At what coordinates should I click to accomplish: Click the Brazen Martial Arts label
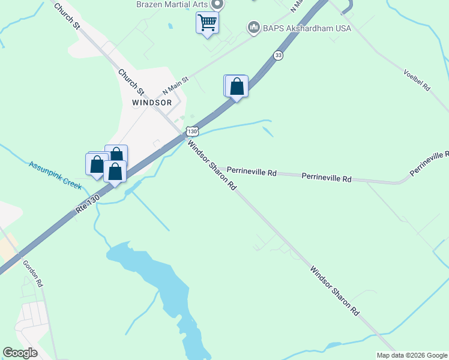(x=172, y=4)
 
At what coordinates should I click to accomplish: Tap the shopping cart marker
(x=207, y=23)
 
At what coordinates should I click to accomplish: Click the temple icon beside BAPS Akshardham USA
(x=253, y=28)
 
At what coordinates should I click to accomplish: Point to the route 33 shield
(x=277, y=55)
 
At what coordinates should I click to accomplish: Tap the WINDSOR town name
(x=152, y=103)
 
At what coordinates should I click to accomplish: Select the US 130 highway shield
(x=191, y=131)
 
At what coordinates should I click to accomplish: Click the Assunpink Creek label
(x=55, y=175)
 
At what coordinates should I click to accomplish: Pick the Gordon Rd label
(x=32, y=273)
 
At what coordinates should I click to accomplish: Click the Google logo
(x=20, y=353)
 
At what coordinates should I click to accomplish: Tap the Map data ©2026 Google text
(x=412, y=355)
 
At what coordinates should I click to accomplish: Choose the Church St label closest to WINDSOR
(x=131, y=83)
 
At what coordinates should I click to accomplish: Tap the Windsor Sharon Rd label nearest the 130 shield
(x=211, y=165)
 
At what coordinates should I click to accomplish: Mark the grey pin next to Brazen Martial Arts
(x=217, y=5)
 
